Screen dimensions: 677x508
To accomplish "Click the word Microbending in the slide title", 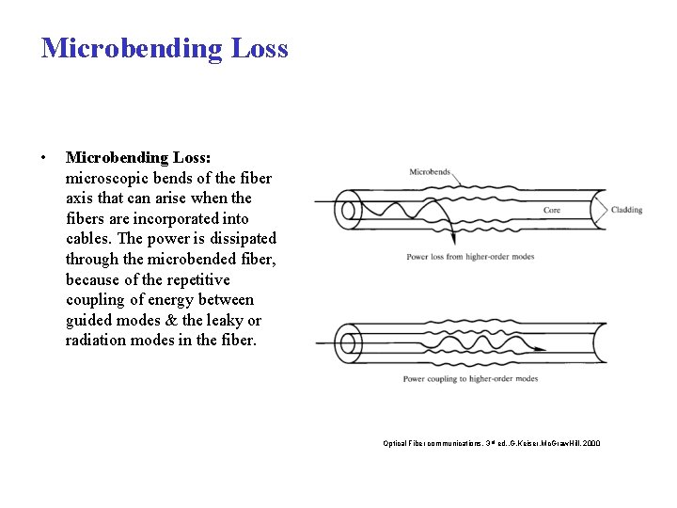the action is [x=129, y=48].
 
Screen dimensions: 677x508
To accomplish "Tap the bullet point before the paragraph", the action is [x=43, y=157].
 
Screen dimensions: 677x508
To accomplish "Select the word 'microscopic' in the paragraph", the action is [x=105, y=178].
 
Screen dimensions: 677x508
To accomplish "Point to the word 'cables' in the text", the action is [x=88, y=239].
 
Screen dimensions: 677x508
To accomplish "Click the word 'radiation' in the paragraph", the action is [x=96, y=341].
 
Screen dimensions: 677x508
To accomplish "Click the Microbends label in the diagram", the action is [x=430, y=172].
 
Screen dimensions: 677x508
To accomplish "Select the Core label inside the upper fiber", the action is [x=552, y=210].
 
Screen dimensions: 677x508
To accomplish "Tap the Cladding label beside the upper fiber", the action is [x=626, y=210].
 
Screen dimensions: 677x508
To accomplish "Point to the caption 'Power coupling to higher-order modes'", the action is [x=470, y=378].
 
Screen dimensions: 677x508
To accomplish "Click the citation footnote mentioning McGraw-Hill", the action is [x=491, y=442].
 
